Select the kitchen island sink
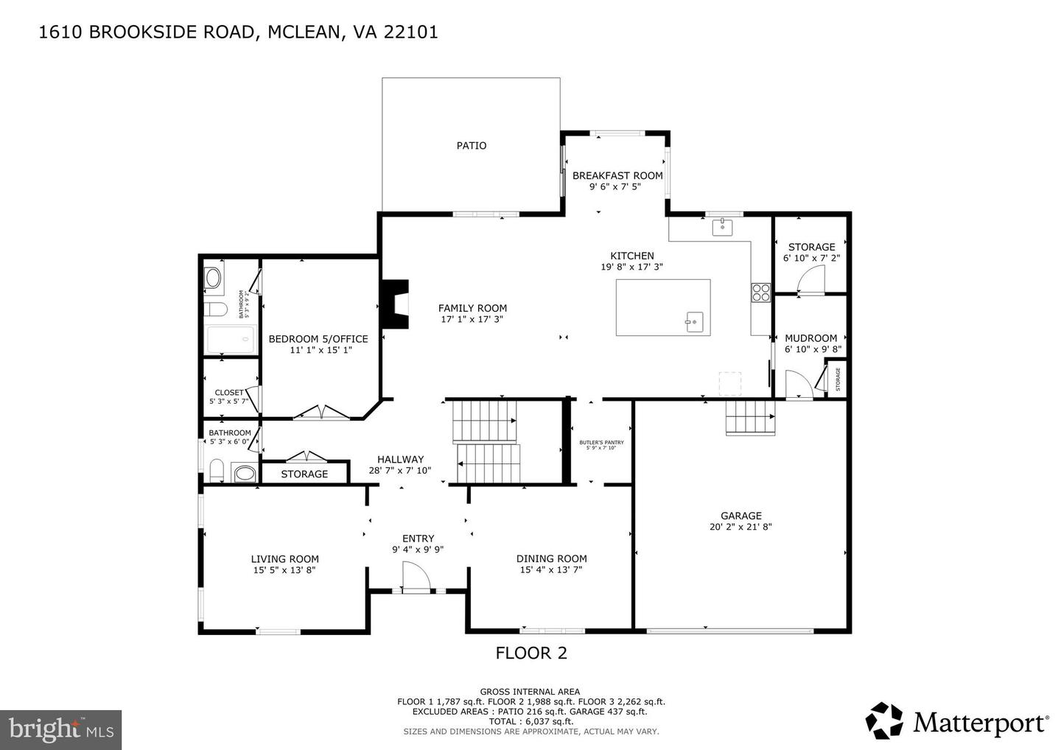pyautogui.click(x=694, y=322)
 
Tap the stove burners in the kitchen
pyautogui.click(x=760, y=292)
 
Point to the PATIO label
pyautogui.click(x=472, y=146)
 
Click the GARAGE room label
pyautogui.click(x=741, y=516)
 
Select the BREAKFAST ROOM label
pyautogui.click(x=617, y=175)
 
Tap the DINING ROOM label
pyautogui.click(x=551, y=558)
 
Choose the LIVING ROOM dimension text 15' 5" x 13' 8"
pyautogui.click(x=284, y=569)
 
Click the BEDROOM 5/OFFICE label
pyautogui.click(x=318, y=339)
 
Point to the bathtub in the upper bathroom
pyautogui.click(x=230, y=340)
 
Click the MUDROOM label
pyautogui.click(x=811, y=338)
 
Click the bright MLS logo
pyautogui.click(x=60, y=729)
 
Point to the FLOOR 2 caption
pyautogui.click(x=530, y=653)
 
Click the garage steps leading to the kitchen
pyautogui.click(x=750, y=418)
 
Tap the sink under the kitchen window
pyautogui.click(x=722, y=226)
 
